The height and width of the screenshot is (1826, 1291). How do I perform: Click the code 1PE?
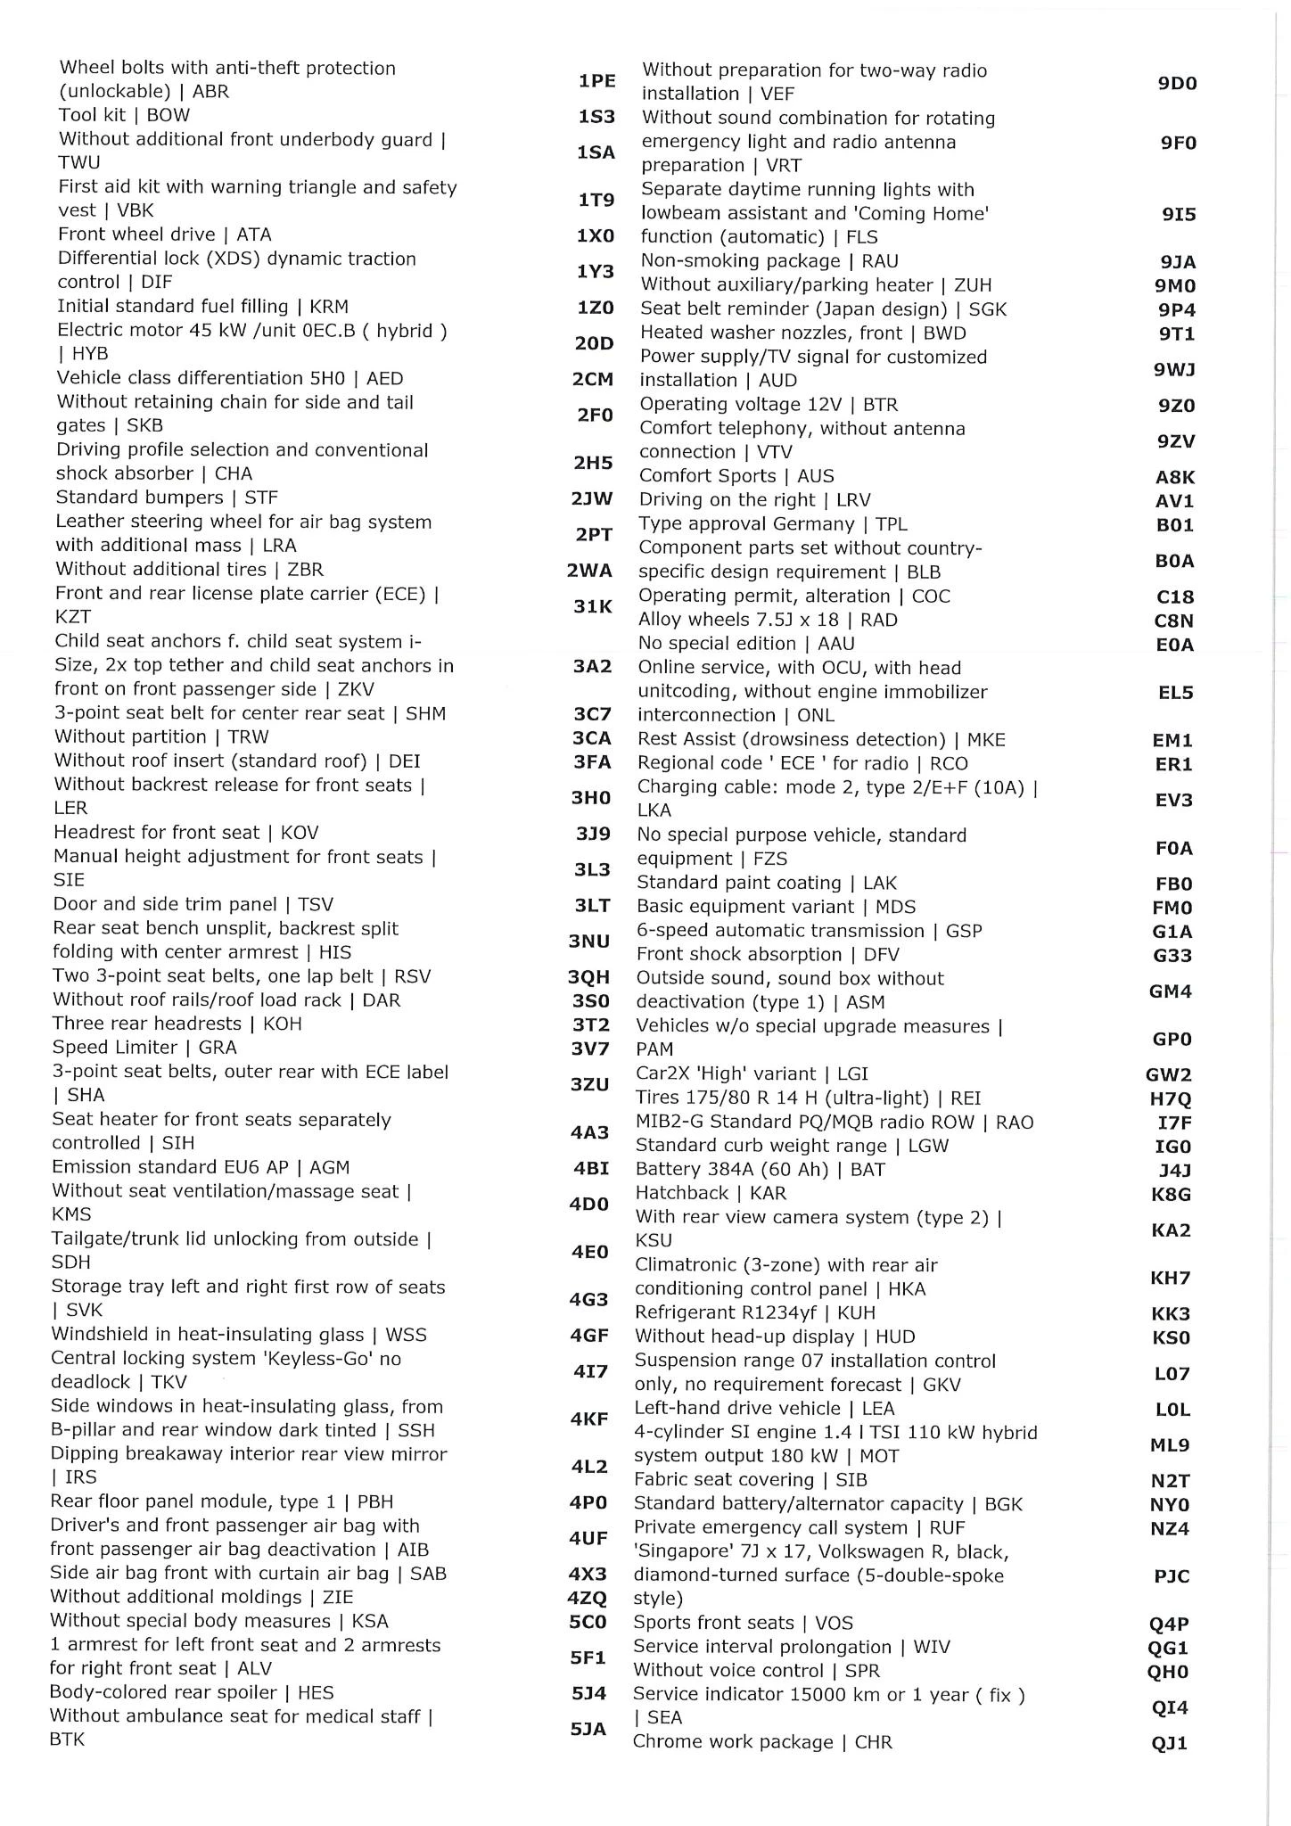[x=596, y=81]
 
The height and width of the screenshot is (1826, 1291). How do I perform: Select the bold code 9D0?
[x=1177, y=84]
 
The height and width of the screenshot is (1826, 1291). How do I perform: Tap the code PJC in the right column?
[x=1172, y=1576]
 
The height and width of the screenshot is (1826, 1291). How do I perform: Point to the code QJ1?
[x=1169, y=1743]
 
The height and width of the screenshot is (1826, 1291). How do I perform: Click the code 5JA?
[x=588, y=1729]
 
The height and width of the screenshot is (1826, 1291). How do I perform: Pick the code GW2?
[x=1169, y=1075]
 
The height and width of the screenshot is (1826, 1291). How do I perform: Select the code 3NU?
[x=588, y=942]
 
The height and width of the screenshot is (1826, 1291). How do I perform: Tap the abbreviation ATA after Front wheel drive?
[x=254, y=234]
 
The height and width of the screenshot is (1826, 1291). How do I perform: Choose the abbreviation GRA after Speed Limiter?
[x=218, y=1048]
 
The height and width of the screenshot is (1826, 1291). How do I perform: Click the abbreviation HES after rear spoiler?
[x=316, y=1692]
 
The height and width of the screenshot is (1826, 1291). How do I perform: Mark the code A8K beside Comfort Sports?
[x=1175, y=477]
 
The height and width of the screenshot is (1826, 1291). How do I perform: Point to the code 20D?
[x=594, y=343]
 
